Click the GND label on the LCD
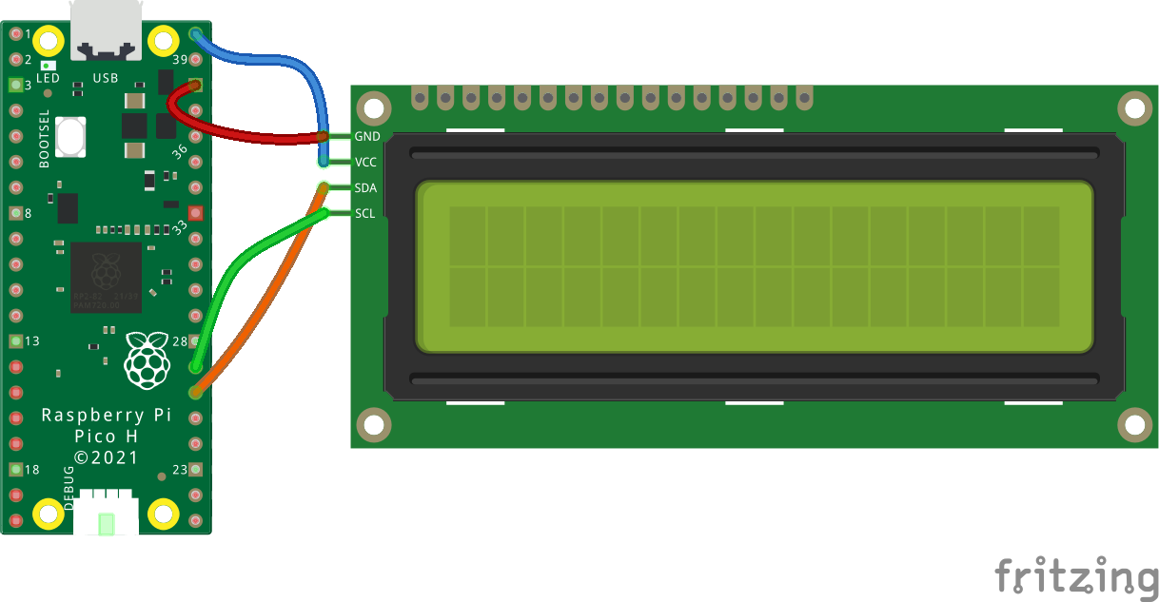point(366,137)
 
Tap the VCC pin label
point(366,163)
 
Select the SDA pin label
point(365,188)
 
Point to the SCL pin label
point(364,213)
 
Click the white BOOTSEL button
point(70,136)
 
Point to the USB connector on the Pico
point(106,28)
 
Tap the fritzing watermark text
point(1076,576)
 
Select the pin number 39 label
point(180,61)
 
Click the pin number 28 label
point(179,341)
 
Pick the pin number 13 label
point(31,341)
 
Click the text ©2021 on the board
point(106,457)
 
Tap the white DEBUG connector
point(106,515)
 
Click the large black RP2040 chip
point(106,277)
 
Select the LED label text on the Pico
point(48,78)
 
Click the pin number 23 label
point(179,470)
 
